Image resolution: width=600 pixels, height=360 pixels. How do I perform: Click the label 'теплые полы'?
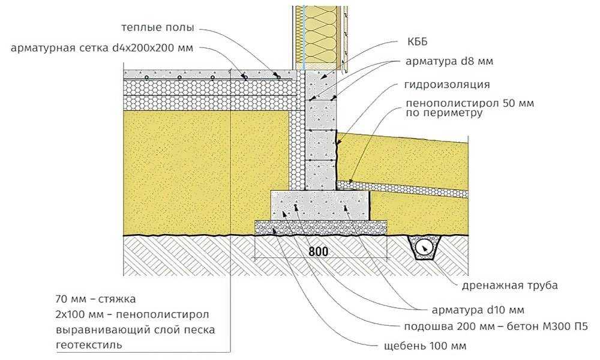coord(158,28)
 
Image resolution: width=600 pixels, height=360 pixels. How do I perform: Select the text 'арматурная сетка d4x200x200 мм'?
coord(102,48)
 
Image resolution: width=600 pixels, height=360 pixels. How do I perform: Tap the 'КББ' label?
coord(418,42)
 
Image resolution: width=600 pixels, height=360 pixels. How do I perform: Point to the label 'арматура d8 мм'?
coord(449,61)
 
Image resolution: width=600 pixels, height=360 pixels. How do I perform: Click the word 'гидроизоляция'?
coord(447,85)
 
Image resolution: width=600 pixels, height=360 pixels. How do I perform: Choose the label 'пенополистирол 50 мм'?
coord(470,103)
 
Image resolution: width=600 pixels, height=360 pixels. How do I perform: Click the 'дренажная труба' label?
coord(509,286)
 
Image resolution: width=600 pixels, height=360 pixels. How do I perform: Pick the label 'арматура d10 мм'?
coord(478,310)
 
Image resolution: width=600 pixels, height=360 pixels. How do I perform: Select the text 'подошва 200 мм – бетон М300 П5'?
coord(496,327)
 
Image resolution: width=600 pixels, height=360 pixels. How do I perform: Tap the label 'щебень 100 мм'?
coord(425,346)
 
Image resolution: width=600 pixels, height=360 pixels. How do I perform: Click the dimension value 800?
coord(319,251)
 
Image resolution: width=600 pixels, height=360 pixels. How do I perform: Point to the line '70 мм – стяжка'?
coord(95,299)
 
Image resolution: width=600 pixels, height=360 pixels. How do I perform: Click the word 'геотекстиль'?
coord(89,344)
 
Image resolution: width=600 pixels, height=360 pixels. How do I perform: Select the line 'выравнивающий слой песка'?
coord(136,329)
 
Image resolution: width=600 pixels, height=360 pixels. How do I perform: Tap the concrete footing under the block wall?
coord(320,205)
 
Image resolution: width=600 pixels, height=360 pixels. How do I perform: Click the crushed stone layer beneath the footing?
coord(321,227)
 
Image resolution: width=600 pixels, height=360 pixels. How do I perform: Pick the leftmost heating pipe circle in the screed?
coord(146,77)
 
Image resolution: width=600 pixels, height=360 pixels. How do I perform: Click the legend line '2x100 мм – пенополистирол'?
coord(133,314)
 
